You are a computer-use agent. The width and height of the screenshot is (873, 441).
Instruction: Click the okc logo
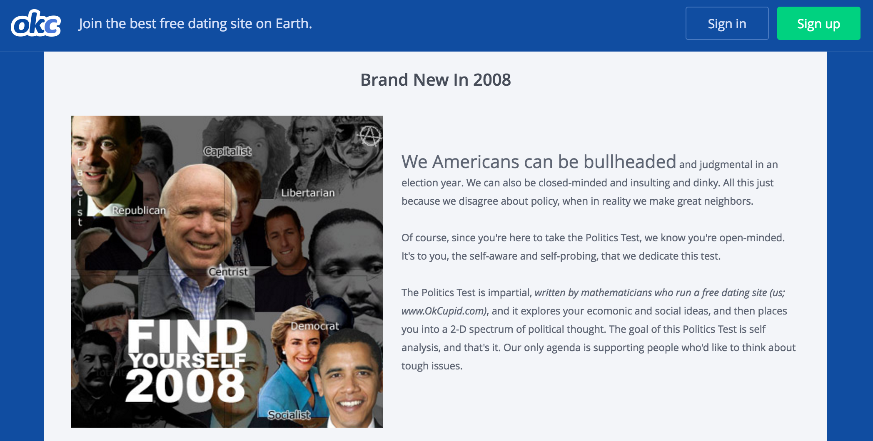(x=36, y=24)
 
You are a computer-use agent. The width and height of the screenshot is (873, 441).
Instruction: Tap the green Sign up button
(x=818, y=23)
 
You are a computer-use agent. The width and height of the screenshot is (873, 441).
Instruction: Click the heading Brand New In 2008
(x=436, y=79)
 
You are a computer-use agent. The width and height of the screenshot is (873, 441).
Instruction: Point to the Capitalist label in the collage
(x=227, y=151)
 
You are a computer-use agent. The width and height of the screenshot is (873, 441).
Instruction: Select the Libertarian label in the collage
(x=308, y=193)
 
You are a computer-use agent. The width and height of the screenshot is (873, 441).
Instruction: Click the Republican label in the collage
(x=139, y=210)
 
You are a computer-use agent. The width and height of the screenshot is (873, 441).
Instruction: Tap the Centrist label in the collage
(x=228, y=272)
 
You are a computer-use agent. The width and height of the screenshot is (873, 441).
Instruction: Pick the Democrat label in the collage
(x=315, y=326)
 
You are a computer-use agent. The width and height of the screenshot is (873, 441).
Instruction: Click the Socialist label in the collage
(x=289, y=415)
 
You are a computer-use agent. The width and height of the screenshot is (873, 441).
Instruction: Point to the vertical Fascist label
(x=80, y=191)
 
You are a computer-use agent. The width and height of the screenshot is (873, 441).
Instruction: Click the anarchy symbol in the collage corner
(x=369, y=136)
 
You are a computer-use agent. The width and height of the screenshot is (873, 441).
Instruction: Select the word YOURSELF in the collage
(x=187, y=360)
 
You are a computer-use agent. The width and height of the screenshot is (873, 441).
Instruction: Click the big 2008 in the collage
(x=185, y=386)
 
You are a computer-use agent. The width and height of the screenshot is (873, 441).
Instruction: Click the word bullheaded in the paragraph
(x=629, y=161)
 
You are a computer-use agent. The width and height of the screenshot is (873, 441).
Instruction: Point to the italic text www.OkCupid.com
(x=443, y=311)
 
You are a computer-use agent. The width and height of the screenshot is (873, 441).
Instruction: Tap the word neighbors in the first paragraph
(x=729, y=201)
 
